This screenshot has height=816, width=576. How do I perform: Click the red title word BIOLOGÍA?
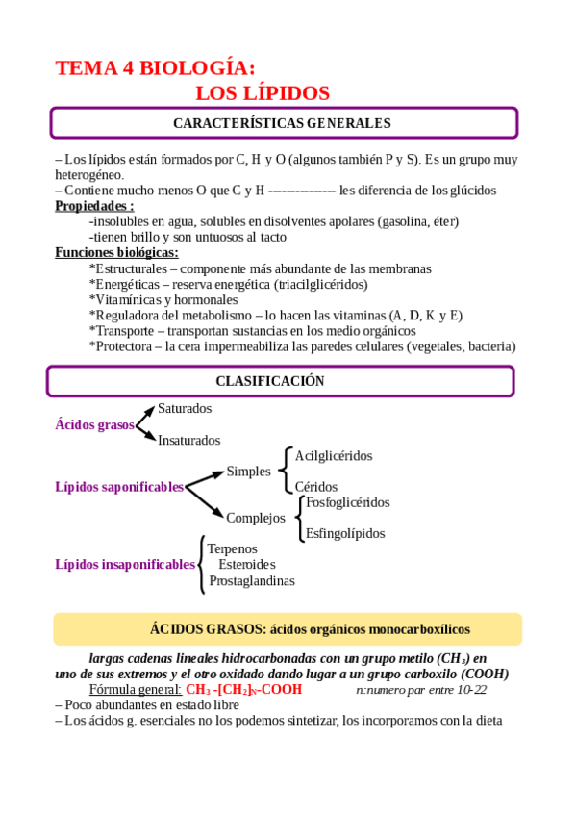(198, 67)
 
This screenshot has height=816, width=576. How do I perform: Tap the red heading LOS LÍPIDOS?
(263, 93)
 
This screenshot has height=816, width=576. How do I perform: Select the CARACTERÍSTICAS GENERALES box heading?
(282, 123)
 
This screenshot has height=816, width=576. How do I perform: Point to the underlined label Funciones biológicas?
(116, 252)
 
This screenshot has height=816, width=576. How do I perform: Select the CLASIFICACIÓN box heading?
(269, 381)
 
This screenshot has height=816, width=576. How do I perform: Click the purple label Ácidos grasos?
(95, 424)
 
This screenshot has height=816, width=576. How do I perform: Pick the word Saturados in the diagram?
(185, 409)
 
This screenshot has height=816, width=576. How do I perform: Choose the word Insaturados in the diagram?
(188, 440)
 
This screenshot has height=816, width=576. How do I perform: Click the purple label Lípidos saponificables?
(119, 487)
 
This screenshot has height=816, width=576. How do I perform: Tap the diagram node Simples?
(248, 472)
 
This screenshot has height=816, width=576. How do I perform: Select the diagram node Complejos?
(256, 518)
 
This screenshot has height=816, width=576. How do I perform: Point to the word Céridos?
(315, 487)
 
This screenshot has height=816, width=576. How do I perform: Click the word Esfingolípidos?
(345, 533)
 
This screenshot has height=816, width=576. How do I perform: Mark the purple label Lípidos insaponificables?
(125, 564)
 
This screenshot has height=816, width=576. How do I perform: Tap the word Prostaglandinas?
(252, 580)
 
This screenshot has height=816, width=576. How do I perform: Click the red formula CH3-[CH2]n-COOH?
(243, 689)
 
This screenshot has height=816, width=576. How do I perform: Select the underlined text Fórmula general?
(135, 689)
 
